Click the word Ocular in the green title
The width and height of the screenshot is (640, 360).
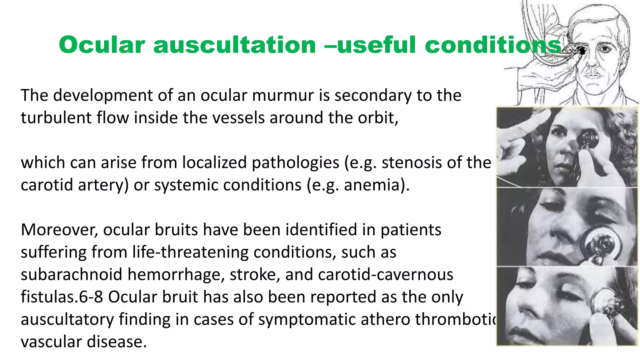102,45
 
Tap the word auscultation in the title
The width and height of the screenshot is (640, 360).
234,45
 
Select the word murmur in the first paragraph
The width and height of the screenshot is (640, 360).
283,96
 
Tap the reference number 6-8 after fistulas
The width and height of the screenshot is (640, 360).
91,297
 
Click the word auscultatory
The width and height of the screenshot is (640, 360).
67,320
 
